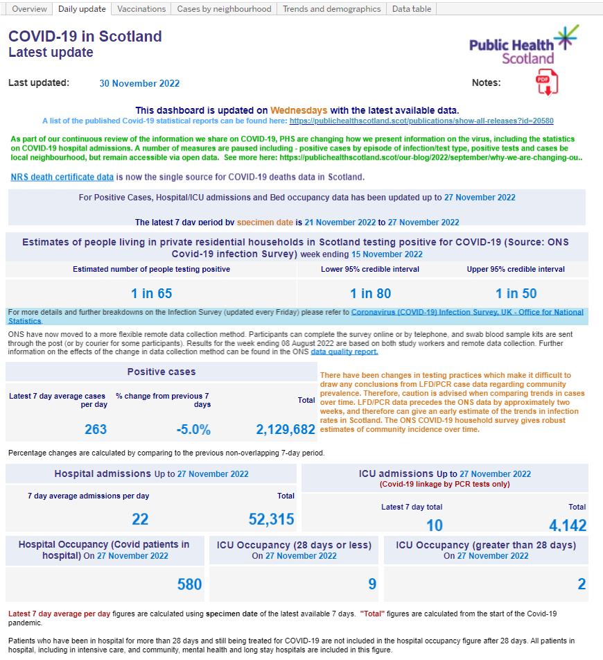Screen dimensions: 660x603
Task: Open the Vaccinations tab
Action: [141, 9]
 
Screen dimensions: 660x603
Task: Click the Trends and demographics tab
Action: [332, 9]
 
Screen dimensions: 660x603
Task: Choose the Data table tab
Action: [411, 9]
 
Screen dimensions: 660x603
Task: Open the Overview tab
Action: [30, 9]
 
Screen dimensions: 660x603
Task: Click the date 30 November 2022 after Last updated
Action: [139, 83]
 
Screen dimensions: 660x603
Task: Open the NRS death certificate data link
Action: [62, 177]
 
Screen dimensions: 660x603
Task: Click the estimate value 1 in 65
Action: [151, 293]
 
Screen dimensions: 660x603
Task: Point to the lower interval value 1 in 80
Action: [370, 293]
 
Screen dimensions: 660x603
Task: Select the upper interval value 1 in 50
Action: [516, 293]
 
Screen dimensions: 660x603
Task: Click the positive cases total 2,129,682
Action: [286, 429]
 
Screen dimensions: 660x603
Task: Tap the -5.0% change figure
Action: [193, 429]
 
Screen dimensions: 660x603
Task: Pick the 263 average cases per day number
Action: [96, 429]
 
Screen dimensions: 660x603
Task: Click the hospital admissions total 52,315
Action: [271, 519]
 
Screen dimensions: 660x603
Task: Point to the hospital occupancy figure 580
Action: [189, 584]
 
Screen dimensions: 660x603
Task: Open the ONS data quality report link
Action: [344, 351]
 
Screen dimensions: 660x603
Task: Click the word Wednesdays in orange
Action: [299, 110]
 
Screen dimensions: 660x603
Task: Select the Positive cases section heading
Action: [161, 372]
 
